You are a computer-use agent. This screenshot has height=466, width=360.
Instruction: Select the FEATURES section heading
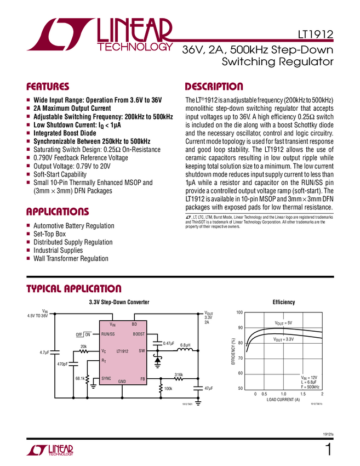pos(48,87)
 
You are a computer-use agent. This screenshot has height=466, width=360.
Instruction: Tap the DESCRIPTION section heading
pos(214,87)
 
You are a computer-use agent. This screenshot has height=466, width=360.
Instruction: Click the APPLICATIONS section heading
pos(58,212)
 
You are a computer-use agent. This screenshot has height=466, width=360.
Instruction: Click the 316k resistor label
pos(178,374)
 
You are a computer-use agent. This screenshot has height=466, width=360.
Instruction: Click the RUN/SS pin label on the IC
pos(107,334)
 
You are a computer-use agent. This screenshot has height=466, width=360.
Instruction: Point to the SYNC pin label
pos(106,378)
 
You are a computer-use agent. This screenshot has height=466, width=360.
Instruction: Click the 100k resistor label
pos(168,389)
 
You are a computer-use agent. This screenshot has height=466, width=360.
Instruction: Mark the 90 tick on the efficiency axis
pos(239,328)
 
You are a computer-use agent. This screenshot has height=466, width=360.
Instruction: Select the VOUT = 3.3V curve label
pos(284,340)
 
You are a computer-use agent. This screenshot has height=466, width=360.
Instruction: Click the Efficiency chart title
pos(283,302)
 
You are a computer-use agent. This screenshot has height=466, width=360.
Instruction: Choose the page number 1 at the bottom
pos(328,451)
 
